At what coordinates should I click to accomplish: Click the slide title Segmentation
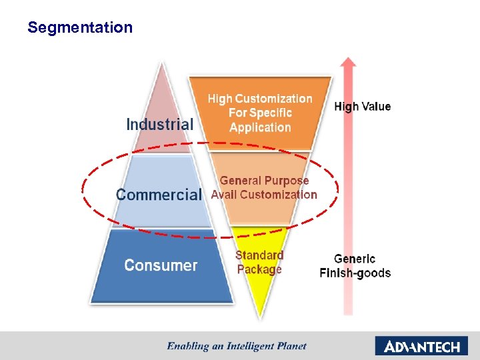click(80, 27)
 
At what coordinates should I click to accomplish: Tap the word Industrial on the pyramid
click(160, 124)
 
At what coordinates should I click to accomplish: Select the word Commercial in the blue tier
click(159, 195)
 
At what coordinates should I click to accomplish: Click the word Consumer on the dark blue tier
click(161, 265)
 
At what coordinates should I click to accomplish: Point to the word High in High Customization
click(220, 99)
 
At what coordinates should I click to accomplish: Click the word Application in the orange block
click(260, 127)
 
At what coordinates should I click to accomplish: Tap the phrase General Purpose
click(265, 181)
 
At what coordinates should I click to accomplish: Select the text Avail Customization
click(264, 195)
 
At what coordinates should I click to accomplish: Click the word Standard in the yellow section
click(259, 255)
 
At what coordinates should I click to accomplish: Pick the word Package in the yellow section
click(259, 269)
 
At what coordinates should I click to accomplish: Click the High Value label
click(362, 107)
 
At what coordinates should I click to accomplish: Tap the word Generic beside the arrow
click(355, 259)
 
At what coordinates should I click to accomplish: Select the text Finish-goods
click(355, 273)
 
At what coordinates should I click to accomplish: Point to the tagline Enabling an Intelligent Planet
click(237, 345)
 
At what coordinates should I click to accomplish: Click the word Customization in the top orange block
click(274, 99)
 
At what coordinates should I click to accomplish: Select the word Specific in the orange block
click(270, 113)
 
